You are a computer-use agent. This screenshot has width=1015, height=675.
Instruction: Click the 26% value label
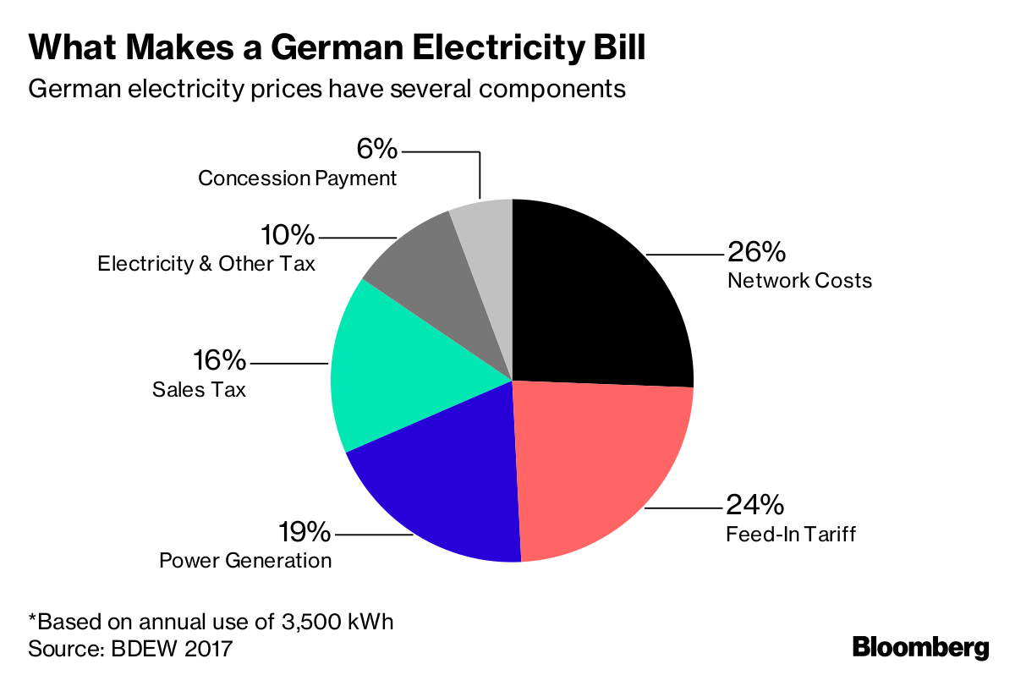tap(756, 252)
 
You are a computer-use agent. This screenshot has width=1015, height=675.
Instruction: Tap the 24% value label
tap(755, 506)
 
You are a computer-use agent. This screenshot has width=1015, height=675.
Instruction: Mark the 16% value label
tap(219, 361)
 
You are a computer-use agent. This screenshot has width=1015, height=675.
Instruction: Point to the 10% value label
tap(287, 236)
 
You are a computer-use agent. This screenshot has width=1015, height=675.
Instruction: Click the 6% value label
tap(376, 151)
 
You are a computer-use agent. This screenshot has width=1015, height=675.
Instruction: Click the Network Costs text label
tap(799, 280)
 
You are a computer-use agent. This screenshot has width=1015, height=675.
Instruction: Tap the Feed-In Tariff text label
tap(791, 535)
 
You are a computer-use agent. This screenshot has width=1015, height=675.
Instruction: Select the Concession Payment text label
tap(297, 178)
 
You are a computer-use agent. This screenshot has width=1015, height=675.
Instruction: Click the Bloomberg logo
tap(920, 647)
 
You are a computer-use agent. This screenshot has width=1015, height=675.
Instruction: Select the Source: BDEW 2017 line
tap(130, 649)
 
